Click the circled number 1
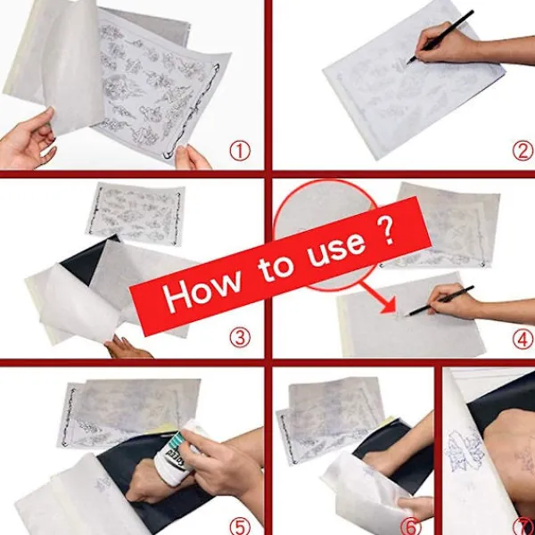(240, 152)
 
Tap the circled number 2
(523, 152)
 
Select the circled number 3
(240, 338)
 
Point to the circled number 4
(523, 339)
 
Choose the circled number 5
(240, 526)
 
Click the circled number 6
(410, 526)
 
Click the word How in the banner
(202, 290)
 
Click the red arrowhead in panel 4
(388, 304)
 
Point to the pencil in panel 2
(440, 37)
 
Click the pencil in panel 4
(440, 301)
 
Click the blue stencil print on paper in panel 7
(465, 450)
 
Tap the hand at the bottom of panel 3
(127, 348)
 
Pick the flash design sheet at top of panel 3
(136, 214)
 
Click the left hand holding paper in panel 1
(28, 139)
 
